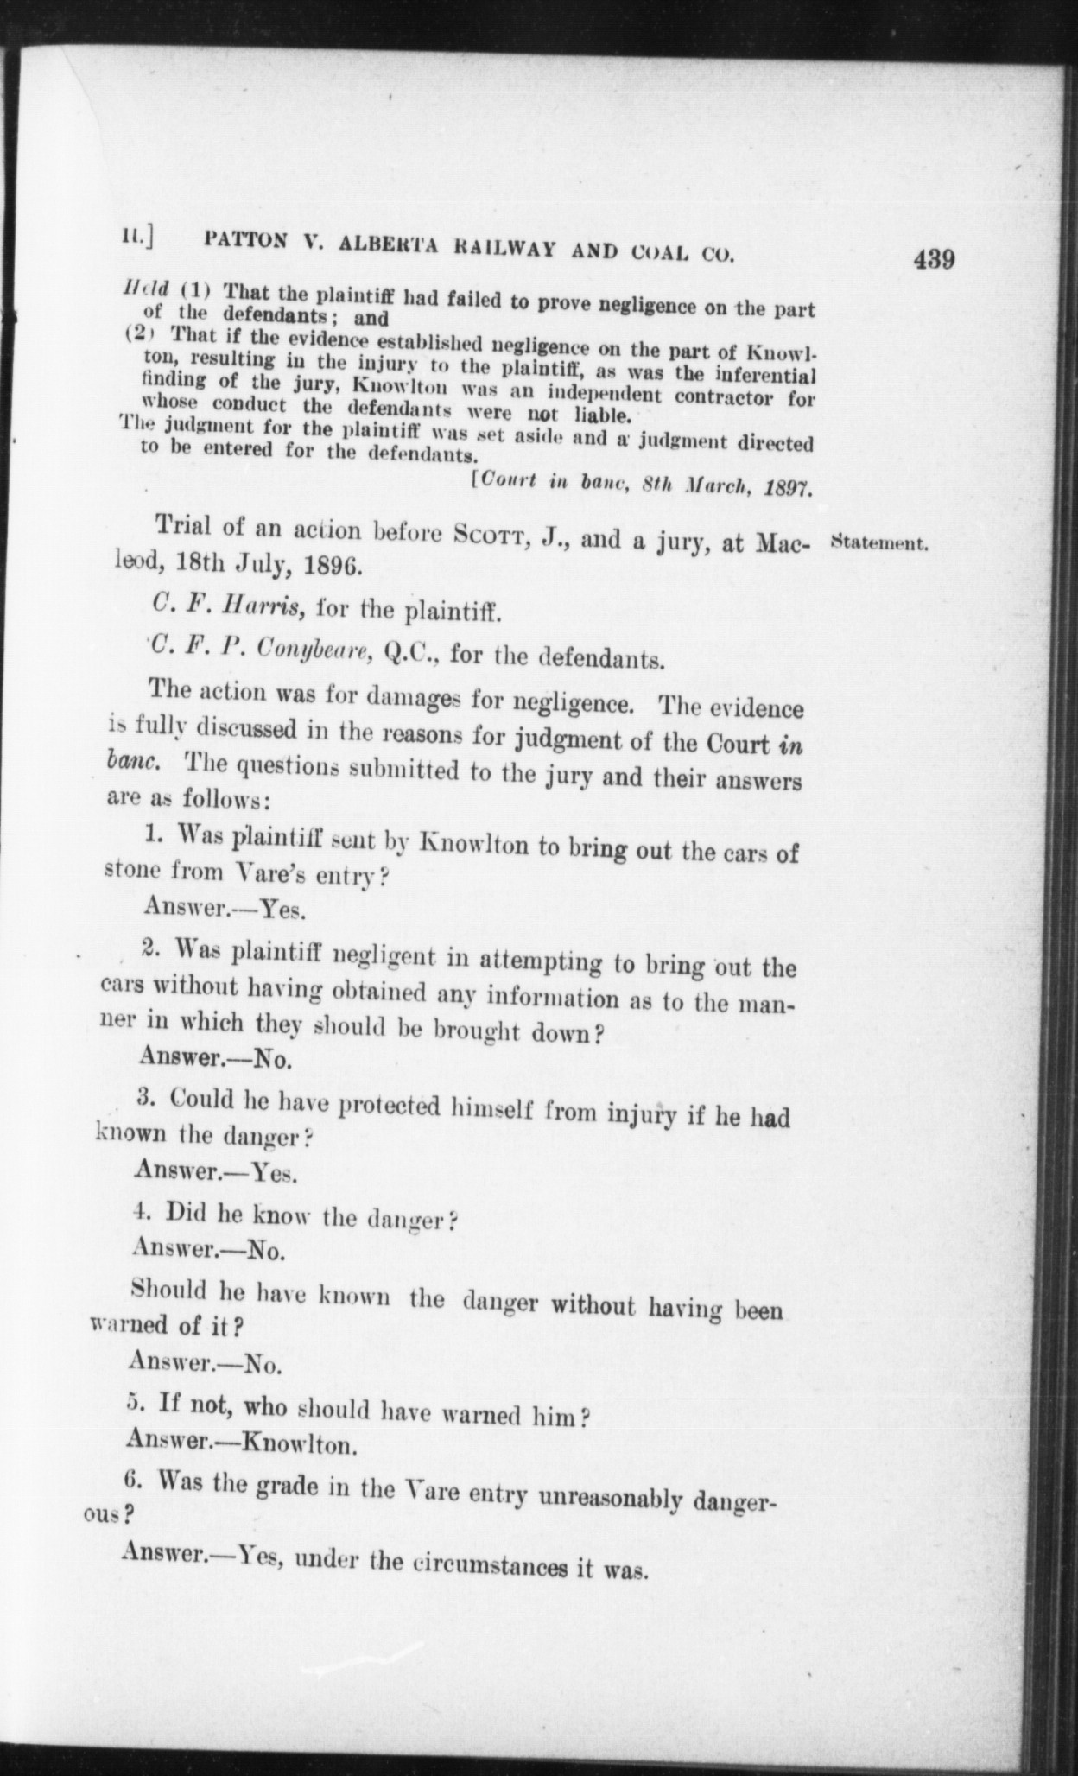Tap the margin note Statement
[878, 545]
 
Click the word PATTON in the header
[245, 241]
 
